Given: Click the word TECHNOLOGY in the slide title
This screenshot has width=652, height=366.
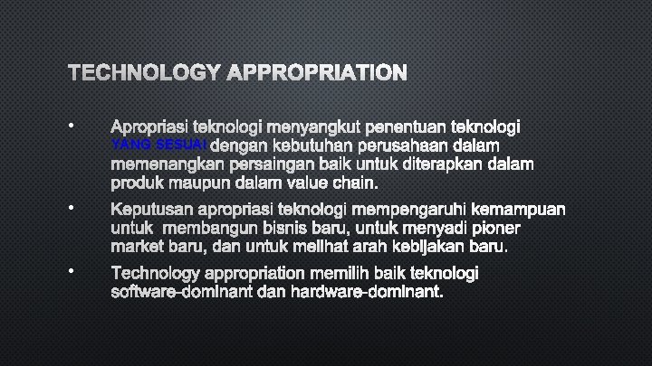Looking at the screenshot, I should (142, 71).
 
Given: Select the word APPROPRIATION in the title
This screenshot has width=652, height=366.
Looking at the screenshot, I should (316, 71).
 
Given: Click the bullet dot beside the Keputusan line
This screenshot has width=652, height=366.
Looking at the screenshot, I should (70, 210).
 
